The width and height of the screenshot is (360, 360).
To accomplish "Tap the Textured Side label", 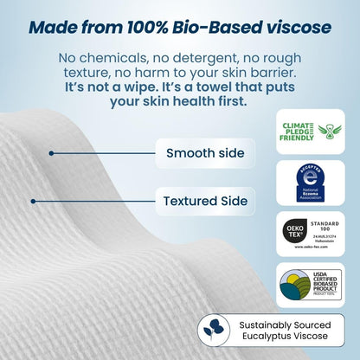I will tap(205, 202).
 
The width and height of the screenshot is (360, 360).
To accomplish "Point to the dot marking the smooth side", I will tap(52, 154).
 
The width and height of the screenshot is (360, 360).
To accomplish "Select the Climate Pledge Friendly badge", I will tap(310, 132).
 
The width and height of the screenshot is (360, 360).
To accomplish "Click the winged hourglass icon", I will tap(330, 132).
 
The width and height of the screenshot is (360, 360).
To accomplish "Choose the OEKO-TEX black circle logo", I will tap(295, 234).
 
